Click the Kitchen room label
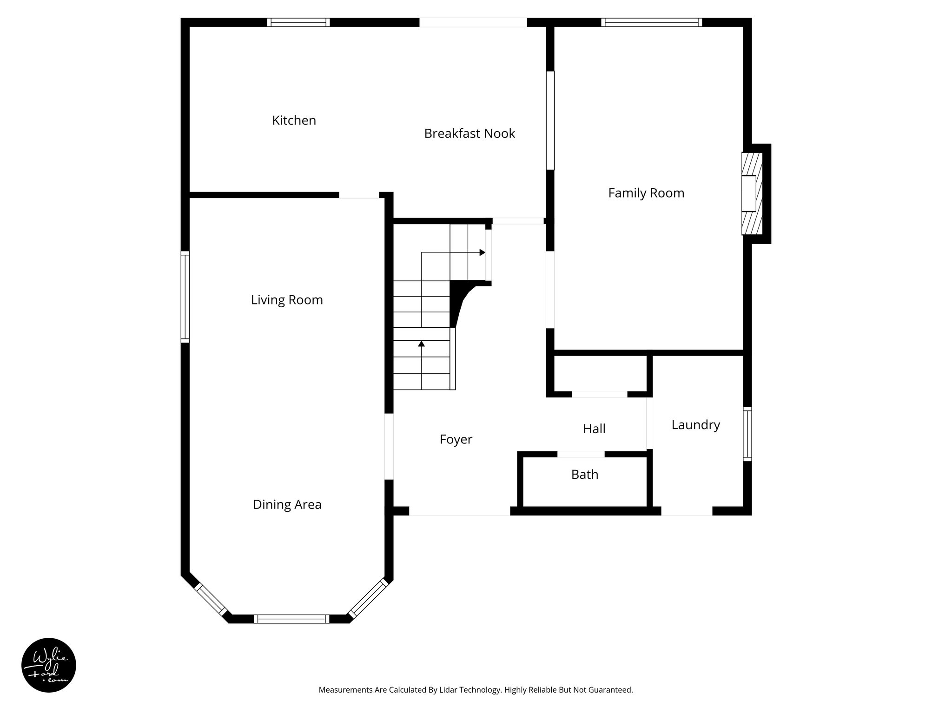pos(294,120)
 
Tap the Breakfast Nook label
pos(469,134)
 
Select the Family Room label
pos(646,193)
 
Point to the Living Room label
pos(287,300)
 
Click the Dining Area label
pos(287,504)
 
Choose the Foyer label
pos(456,439)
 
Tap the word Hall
pos(594,429)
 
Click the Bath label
pos(584,475)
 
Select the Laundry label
pos(695,425)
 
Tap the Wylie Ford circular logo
pos(49,665)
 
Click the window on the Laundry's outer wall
pos(747,434)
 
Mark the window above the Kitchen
pos(298,22)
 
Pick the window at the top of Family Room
pos(651,22)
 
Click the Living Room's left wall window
pos(185,297)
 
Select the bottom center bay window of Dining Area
pos(291,619)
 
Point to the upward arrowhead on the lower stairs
pos(422,344)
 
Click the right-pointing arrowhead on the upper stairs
pos(483,252)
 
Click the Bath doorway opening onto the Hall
pos(581,454)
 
